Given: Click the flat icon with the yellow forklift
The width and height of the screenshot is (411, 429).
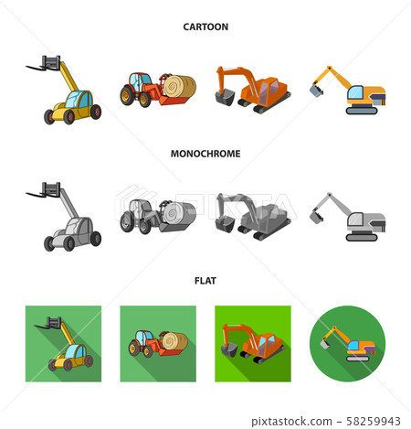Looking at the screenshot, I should (60, 343).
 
